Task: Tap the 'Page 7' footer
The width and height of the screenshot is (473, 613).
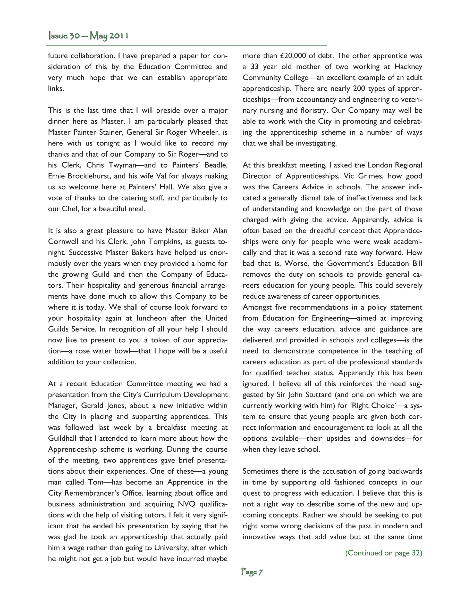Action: [x=252, y=572]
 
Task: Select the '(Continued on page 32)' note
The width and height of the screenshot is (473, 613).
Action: [x=383, y=553]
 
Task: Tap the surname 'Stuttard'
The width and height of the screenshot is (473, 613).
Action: [x=316, y=395]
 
